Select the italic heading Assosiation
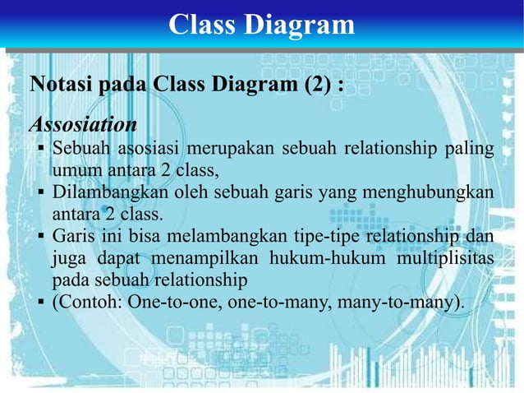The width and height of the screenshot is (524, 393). point(83,125)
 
